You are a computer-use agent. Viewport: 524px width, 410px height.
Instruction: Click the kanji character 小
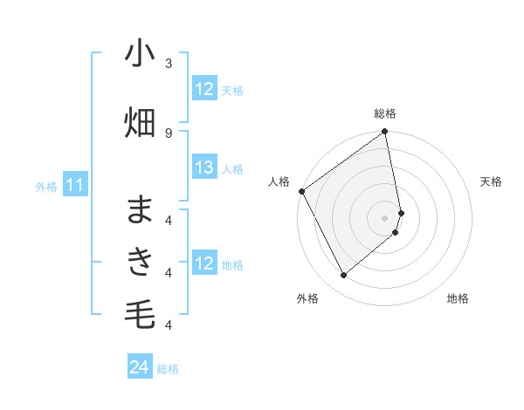pyautogui.click(x=140, y=54)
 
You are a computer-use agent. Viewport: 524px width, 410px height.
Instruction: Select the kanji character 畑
pyautogui.click(x=140, y=123)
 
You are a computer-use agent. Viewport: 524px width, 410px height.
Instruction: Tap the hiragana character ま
pyautogui.click(x=140, y=210)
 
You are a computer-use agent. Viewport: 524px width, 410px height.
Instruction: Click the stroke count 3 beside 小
pyautogui.click(x=169, y=64)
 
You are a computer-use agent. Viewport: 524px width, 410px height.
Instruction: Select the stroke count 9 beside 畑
pyautogui.click(x=169, y=133)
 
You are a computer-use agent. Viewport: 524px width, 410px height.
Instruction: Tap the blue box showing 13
pyautogui.click(x=204, y=168)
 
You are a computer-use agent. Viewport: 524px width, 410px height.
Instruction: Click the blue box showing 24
pyautogui.click(x=140, y=367)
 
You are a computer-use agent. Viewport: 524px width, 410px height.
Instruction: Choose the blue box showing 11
pyautogui.click(x=75, y=185)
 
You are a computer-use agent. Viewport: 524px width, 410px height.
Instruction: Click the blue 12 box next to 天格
pyautogui.click(x=204, y=89)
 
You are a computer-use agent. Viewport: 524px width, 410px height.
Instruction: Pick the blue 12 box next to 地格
pyautogui.click(x=204, y=263)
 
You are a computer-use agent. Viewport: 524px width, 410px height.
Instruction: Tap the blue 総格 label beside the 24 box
pyautogui.click(x=169, y=369)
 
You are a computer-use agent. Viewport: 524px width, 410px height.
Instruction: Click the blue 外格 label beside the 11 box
pyautogui.click(x=46, y=186)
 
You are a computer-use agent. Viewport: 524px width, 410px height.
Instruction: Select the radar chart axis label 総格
pyautogui.click(x=385, y=113)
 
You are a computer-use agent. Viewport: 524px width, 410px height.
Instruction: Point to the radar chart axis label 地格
pyautogui.click(x=458, y=299)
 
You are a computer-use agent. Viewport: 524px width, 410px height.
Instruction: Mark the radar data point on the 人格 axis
pyautogui.click(x=301, y=191)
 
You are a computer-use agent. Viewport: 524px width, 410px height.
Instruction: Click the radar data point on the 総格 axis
pyautogui.click(x=385, y=133)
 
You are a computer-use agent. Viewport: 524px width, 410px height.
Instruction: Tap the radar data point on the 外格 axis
pyautogui.click(x=344, y=276)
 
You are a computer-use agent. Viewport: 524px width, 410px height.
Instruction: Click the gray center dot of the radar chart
pyautogui.click(x=385, y=217)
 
